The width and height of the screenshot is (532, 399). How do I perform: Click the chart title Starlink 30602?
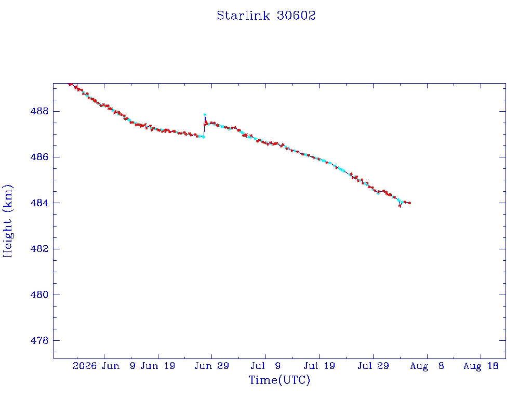click(x=266, y=16)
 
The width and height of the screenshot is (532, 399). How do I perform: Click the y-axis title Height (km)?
click(x=7, y=221)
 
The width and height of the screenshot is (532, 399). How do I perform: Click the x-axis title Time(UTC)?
click(x=279, y=380)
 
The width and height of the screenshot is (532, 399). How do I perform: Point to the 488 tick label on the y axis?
click(x=39, y=111)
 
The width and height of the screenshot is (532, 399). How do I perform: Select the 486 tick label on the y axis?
click(x=39, y=157)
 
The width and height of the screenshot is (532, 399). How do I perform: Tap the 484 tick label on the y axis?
click(x=39, y=203)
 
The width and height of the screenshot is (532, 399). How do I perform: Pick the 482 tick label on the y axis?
click(x=39, y=249)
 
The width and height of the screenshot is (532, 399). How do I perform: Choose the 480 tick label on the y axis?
click(x=39, y=295)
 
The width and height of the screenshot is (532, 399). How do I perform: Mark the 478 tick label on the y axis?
click(x=39, y=340)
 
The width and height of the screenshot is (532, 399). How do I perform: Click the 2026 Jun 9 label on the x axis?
click(x=104, y=366)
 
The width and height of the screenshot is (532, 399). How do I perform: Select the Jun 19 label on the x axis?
click(x=158, y=366)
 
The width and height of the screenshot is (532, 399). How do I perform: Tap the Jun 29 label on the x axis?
click(x=212, y=366)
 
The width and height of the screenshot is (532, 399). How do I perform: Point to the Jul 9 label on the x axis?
click(x=265, y=366)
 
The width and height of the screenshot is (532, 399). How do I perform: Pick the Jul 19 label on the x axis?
click(x=320, y=366)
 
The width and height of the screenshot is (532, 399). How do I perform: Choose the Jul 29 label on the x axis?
click(x=373, y=366)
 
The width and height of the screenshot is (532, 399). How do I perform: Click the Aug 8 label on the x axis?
click(x=427, y=366)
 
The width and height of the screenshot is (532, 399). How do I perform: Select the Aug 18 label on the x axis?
click(x=481, y=366)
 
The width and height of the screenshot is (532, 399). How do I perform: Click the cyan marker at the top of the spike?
click(x=205, y=115)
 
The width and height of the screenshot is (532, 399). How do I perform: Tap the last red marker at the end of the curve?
click(x=409, y=203)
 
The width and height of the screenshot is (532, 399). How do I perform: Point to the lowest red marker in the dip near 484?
click(x=400, y=206)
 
